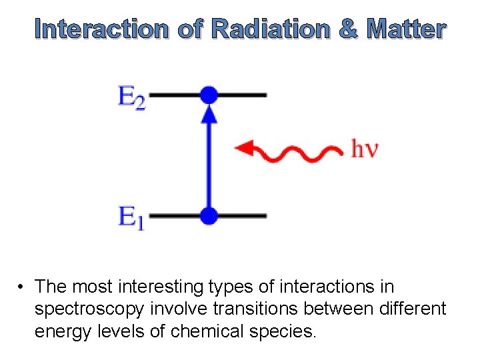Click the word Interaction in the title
[102, 29]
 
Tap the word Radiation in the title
[269, 29]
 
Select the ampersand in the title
[348, 29]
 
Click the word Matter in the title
[406, 29]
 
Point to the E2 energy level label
[131, 98]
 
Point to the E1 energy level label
[131, 218]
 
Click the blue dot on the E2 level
[209, 95]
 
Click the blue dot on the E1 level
[209, 215]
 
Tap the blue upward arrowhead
[209, 114]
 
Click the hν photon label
[365, 149]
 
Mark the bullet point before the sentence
[22, 287]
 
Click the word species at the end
[281, 331]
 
